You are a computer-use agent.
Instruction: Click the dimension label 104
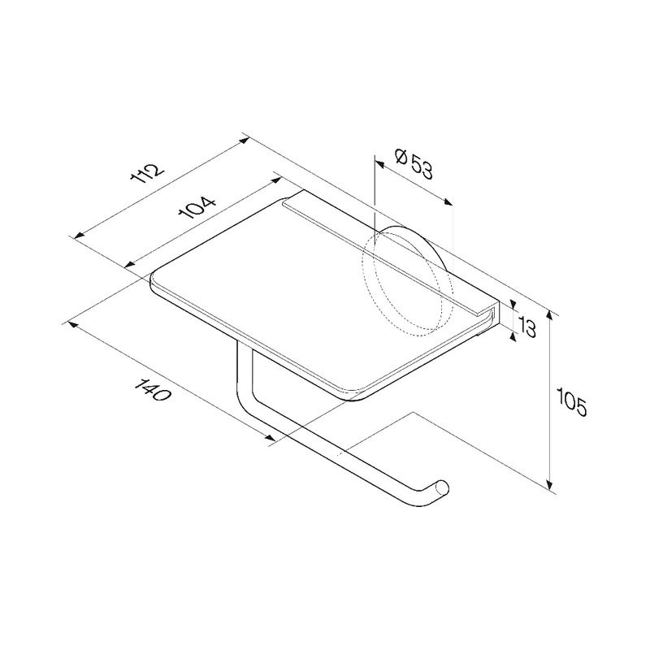coord(197,208)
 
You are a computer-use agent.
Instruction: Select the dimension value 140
coord(153,390)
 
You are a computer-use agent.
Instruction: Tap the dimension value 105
coord(572,401)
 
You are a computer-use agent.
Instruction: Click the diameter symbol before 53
coord(402,157)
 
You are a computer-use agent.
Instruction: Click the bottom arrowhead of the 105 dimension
coord(550,484)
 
